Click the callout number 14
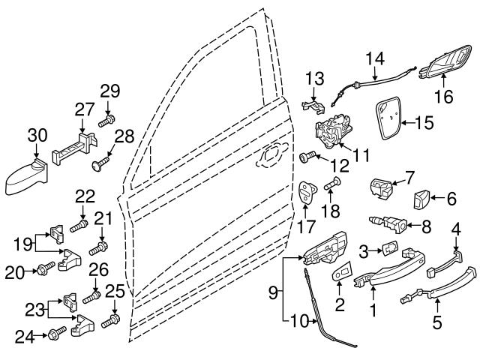point(375,58)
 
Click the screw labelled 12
point(307,157)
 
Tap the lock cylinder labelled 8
point(388,223)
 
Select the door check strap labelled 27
point(75,148)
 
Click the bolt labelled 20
point(46,268)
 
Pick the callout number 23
point(34,310)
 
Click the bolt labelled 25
point(110,320)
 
